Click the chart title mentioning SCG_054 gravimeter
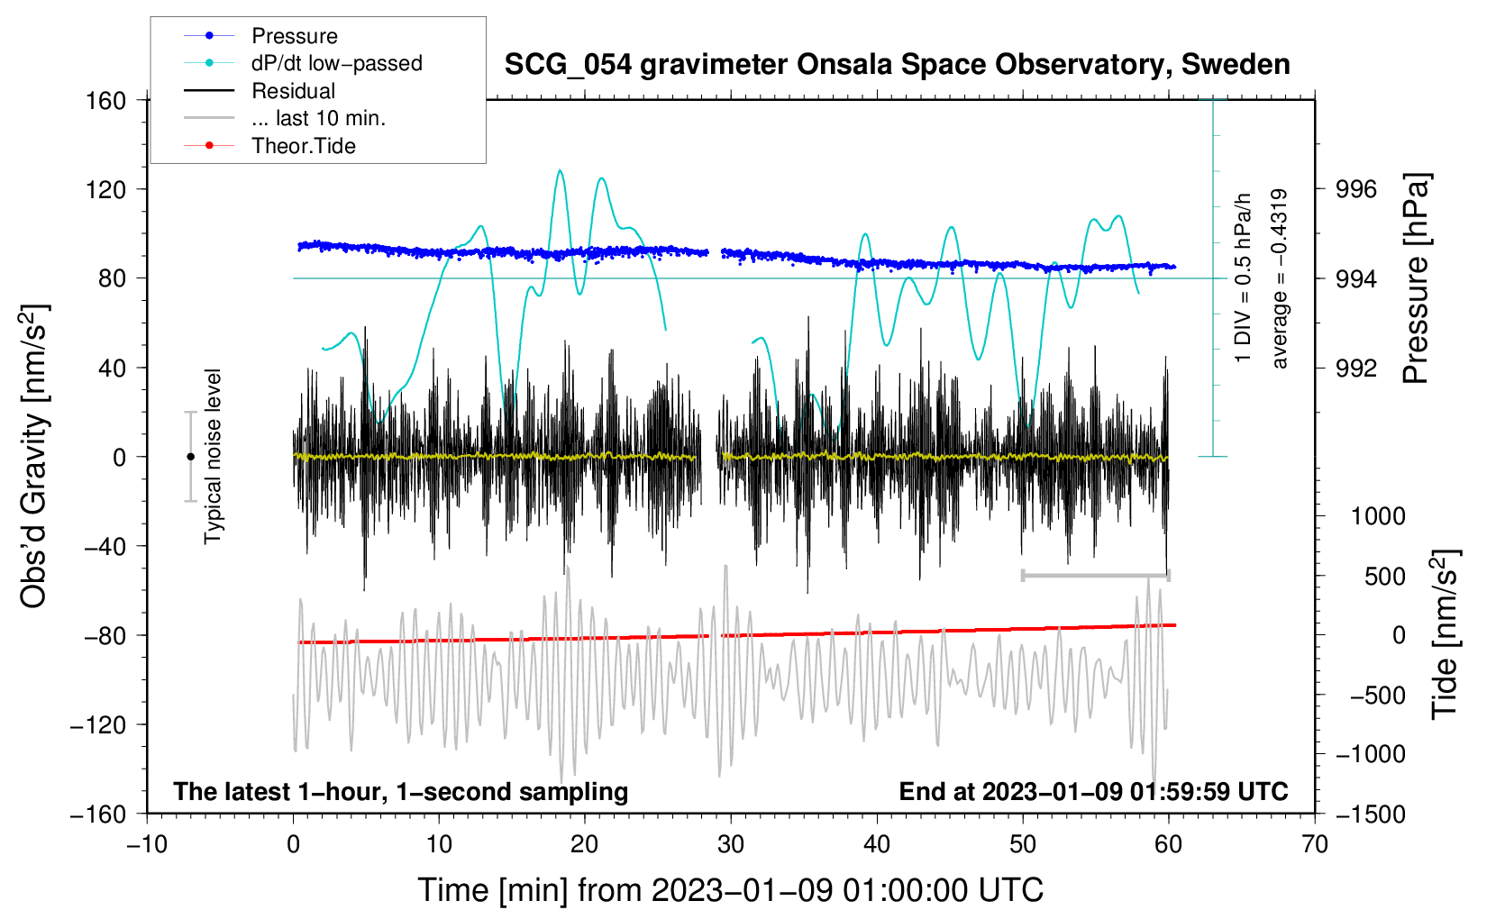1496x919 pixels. [897, 65]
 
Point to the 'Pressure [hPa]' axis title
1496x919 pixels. [1415, 278]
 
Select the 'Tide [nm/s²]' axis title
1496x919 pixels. [1445, 634]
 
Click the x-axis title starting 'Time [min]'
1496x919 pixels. [731, 890]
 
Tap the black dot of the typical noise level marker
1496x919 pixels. [190, 457]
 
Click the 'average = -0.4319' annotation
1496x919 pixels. [1278, 278]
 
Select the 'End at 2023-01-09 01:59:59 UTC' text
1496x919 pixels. [1093, 791]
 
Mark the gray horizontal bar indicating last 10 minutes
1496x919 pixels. [1096, 575]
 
